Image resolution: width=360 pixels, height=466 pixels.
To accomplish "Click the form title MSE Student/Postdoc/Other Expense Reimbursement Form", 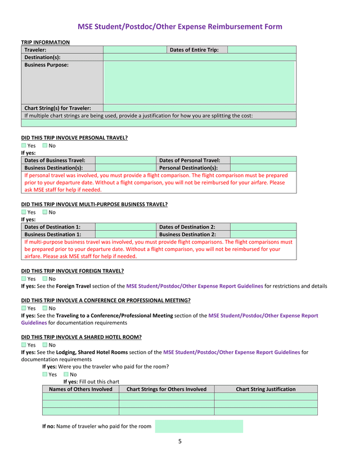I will (179, 26).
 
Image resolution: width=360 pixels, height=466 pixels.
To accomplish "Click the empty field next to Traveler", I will (135, 50).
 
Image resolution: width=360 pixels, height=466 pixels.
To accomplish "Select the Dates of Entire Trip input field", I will (262, 50).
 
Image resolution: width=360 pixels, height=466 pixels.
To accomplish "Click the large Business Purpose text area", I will (199, 82).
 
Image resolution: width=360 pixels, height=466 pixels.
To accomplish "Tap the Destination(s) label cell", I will (62, 57).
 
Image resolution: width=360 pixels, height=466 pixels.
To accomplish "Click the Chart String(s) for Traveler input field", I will (199, 108).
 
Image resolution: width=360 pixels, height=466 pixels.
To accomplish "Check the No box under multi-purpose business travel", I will (46, 212).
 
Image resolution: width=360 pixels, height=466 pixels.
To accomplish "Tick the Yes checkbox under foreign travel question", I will (24, 279).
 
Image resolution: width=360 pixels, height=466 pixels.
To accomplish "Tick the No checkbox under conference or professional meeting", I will (46, 308).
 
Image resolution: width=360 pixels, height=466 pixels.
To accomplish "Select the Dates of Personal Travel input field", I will (263, 160).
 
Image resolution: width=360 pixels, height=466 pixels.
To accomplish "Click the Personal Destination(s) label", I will (193, 168).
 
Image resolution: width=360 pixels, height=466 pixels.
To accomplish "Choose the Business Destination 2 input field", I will (263, 234).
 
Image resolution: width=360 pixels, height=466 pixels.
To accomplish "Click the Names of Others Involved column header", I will (80, 389).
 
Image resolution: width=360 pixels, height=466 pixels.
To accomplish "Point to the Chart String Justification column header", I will (265, 389).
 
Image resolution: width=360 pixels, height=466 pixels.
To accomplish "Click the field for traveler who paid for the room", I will (199, 427).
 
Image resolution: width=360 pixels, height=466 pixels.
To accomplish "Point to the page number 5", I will (180, 441).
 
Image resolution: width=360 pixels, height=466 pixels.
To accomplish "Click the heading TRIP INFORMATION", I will (46, 42).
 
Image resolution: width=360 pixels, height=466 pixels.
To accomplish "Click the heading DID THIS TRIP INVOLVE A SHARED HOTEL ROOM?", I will (81, 337).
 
